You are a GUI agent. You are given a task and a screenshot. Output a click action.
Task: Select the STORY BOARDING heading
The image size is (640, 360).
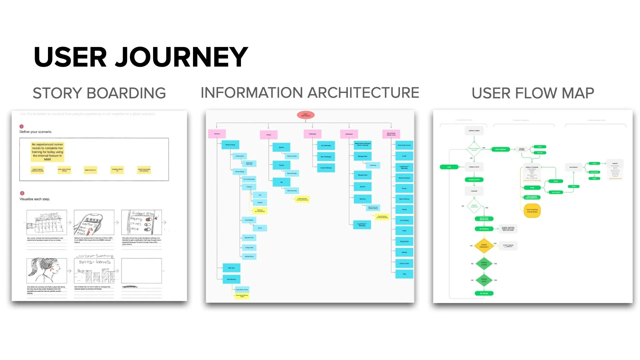click(x=99, y=93)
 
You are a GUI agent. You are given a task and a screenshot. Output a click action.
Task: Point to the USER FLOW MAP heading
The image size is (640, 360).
click(x=533, y=93)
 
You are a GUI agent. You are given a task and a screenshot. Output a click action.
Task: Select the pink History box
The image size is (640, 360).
click(x=269, y=135)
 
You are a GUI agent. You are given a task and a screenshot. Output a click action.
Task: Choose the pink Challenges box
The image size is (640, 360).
click(x=312, y=134)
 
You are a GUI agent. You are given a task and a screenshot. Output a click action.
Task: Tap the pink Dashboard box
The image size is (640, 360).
click(x=349, y=134)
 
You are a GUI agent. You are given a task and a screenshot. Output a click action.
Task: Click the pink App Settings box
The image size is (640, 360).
click(x=391, y=134)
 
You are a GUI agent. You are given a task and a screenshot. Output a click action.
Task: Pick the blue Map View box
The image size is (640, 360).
click(x=231, y=268)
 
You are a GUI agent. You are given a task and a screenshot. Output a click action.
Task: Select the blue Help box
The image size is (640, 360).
click(x=404, y=274)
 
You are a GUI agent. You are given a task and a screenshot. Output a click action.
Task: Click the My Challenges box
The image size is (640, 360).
click(x=326, y=145)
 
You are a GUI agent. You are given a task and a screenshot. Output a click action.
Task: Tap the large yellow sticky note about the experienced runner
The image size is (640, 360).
click(x=47, y=152)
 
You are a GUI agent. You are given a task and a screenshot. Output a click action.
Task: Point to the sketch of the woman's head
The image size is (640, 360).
click(x=47, y=270)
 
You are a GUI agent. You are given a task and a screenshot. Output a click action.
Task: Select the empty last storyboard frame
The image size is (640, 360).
click(x=141, y=270)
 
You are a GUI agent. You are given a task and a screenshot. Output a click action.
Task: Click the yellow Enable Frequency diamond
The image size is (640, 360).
click(x=484, y=246)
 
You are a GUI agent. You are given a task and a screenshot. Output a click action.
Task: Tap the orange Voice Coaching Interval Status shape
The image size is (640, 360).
click(x=532, y=211)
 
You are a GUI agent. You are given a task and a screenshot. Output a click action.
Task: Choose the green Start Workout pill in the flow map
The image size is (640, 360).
click(x=500, y=149)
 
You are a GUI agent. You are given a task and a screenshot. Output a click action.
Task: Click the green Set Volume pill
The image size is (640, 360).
click(x=484, y=293)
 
